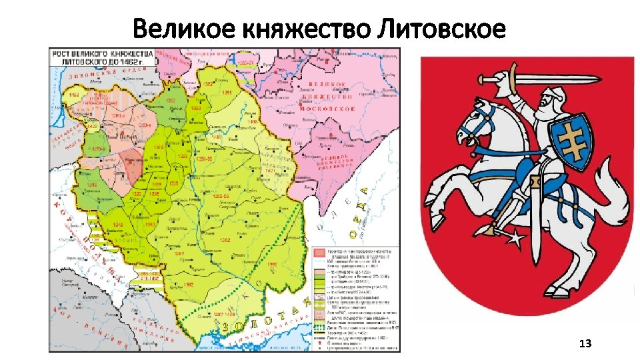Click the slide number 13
tap(585, 343)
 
